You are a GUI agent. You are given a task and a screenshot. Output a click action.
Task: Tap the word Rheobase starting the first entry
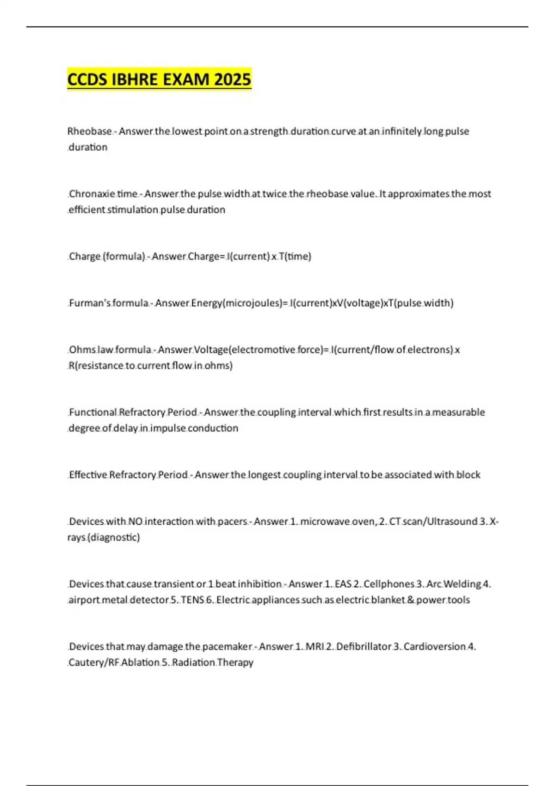pyautogui.click(x=89, y=131)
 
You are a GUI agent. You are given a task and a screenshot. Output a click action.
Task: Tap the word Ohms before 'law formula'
pyautogui.click(x=82, y=350)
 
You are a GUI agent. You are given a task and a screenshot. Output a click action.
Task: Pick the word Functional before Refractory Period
pyautogui.click(x=92, y=412)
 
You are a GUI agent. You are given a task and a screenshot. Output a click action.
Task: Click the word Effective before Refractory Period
pyautogui.click(x=88, y=475)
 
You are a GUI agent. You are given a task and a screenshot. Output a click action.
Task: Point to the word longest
pyautogui.click(x=264, y=475)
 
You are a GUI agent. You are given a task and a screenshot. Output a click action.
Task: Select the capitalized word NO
pyautogui.click(x=135, y=522)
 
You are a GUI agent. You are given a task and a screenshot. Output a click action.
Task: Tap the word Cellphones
pyautogui.click(x=389, y=584)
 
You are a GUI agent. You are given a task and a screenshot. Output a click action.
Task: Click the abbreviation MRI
pyautogui.click(x=314, y=646)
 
